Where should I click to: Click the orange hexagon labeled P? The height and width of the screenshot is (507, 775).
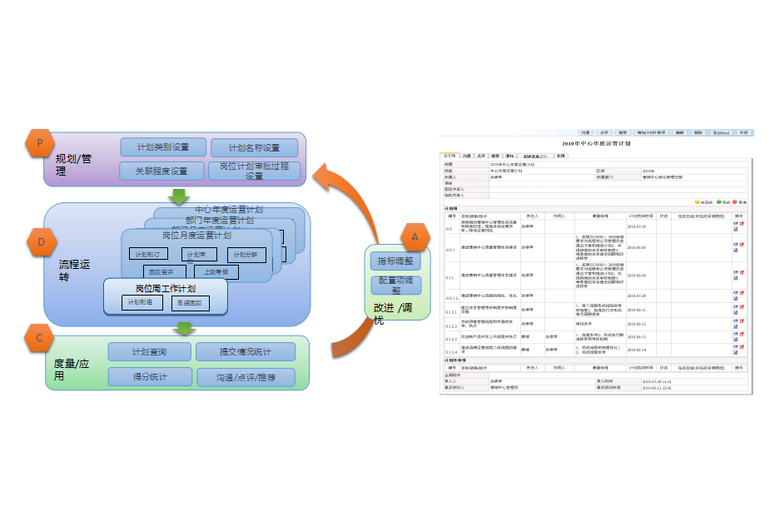[40, 143]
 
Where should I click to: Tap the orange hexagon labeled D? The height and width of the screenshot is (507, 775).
[41, 242]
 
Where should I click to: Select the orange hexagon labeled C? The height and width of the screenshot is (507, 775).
[40, 338]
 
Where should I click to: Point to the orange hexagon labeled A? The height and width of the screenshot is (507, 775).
[415, 237]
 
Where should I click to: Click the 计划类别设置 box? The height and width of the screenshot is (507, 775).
[163, 147]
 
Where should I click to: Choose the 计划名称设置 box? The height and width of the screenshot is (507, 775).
[254, 148]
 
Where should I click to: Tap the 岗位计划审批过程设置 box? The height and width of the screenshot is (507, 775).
[254, 171]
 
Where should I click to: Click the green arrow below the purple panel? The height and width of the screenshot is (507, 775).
[178, 196]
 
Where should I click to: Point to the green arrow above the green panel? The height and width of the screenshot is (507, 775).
[184, 327]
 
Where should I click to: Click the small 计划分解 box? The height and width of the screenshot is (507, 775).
[246, 254]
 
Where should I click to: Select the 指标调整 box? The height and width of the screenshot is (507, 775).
[395, 261]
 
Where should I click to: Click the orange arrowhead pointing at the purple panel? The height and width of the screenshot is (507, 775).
[325, 176]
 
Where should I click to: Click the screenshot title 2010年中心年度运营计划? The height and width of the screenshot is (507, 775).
[596, 144]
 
